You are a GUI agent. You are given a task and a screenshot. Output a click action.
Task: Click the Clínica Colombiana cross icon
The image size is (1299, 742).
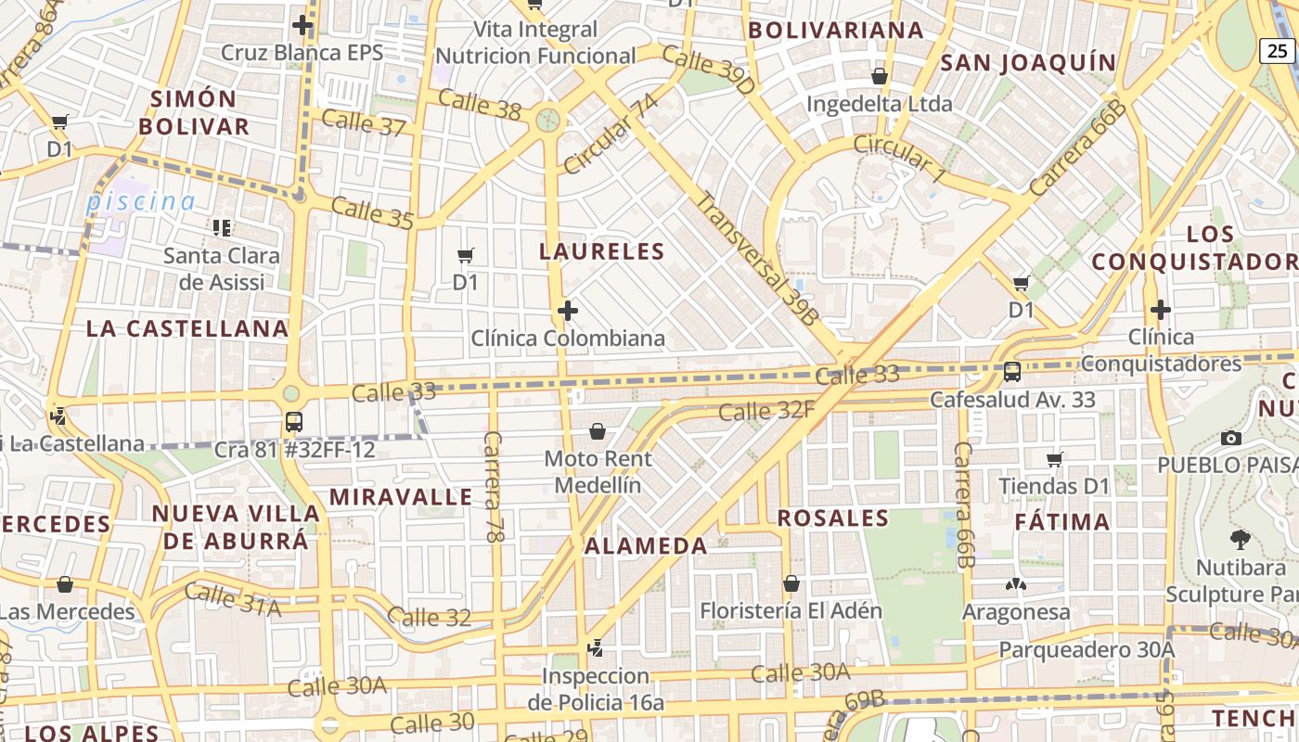point(568,310)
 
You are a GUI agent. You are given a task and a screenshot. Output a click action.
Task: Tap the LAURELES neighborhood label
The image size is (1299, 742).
point(602,251)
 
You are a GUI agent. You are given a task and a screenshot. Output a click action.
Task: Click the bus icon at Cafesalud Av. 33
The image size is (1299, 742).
point(1012,372)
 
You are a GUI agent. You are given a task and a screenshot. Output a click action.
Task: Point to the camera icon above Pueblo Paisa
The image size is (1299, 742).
point(1231,438)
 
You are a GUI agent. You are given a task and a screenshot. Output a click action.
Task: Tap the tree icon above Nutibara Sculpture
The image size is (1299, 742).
point(1240,540)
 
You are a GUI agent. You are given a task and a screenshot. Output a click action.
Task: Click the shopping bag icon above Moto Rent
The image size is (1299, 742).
point(598,431)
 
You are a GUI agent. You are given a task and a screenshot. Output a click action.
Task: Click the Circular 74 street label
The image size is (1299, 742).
point(610,134)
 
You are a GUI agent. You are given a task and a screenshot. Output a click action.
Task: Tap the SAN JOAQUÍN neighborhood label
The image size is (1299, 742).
point(1028,63)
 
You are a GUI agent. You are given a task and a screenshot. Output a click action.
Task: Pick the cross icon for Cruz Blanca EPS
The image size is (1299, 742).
point(302,25)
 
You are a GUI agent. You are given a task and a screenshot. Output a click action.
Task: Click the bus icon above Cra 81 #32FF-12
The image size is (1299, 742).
point(294,422)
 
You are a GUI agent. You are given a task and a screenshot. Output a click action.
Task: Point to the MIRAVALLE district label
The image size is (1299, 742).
point(401,496)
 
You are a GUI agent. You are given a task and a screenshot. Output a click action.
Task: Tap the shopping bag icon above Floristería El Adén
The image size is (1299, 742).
point(791,583)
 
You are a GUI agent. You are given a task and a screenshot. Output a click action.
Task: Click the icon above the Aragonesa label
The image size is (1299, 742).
point(1016,585)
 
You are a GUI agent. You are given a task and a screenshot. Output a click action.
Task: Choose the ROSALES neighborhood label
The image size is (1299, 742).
point(833,518)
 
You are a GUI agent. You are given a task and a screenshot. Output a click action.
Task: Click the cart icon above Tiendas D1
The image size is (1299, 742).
point(1054,458)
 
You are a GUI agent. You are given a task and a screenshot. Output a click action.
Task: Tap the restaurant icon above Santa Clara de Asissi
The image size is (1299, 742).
point(222,227)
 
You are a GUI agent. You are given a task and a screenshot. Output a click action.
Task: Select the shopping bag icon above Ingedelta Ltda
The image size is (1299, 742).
point(879,76)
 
